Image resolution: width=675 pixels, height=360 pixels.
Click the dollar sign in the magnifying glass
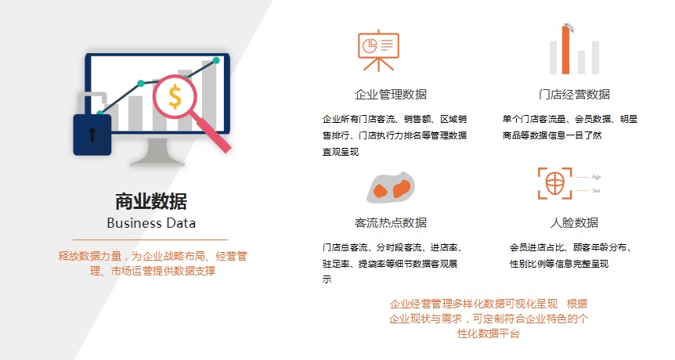coord(175,96)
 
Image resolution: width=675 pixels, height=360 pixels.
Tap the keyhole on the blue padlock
coord(92,134)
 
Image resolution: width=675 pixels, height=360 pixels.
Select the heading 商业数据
coord(151,201)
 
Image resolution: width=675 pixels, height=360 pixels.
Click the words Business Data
coord(151,223)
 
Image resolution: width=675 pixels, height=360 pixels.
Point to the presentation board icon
coord(378,50)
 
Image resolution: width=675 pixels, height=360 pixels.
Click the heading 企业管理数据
coord(391,94)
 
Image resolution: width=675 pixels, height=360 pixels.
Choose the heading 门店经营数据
coord(574,94)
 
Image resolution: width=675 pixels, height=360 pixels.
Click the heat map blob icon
coord(391,188)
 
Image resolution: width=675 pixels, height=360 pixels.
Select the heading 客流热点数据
coord(391,223)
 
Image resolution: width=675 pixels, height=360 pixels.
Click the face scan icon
coord(555,184)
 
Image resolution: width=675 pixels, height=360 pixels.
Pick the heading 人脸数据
coord(574,223)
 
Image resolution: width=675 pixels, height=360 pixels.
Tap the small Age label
coord(596,177)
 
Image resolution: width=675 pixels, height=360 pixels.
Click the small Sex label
coord(596,190)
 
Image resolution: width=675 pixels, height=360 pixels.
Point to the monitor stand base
coord(157,162)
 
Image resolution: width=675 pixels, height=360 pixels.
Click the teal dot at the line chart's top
coord(216,60)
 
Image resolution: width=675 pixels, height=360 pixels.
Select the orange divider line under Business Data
coord(150,239)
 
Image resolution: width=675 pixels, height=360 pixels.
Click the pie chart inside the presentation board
coord(370,45)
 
